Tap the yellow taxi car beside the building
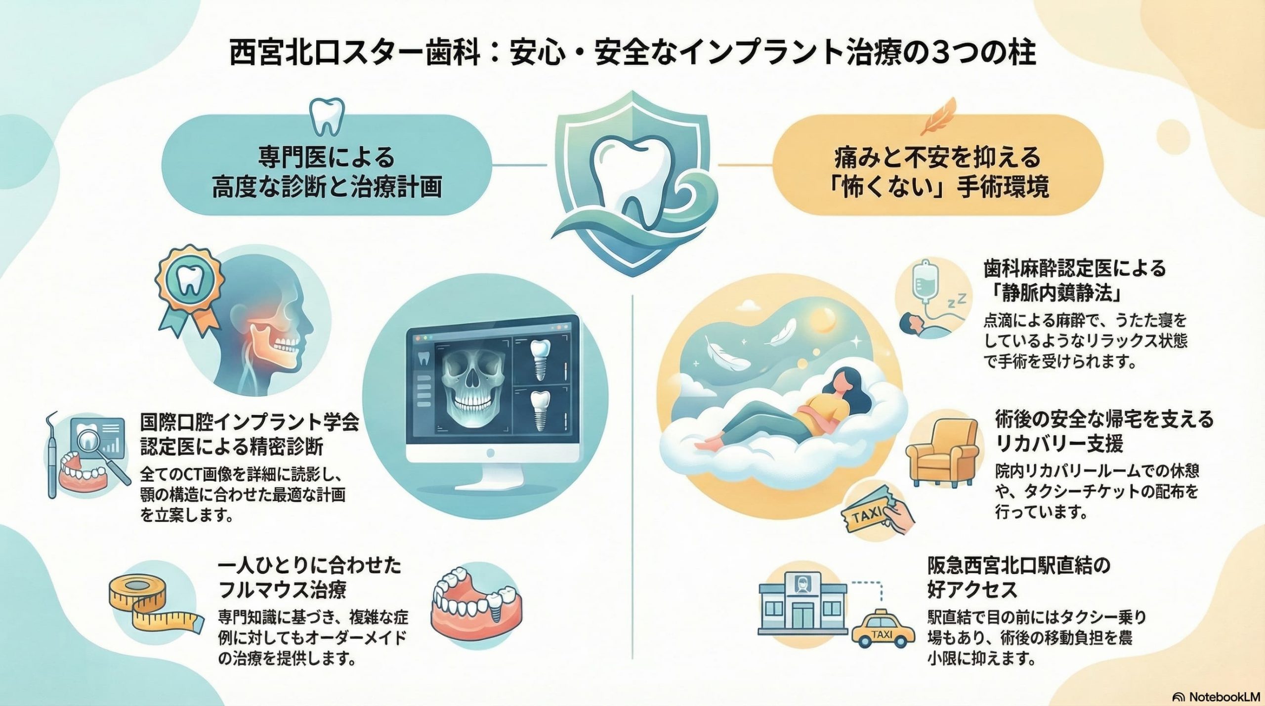pyautogui.click(x=883, y=630)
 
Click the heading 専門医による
pyautogui.click(x=327, y=158)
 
